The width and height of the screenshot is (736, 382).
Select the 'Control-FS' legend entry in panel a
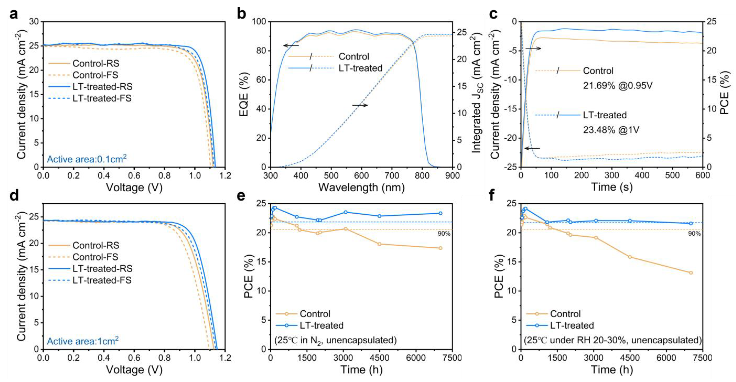(x=95, y=75)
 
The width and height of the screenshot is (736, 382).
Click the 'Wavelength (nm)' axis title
(x=361, y=188)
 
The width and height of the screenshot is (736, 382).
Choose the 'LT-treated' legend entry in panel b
(x=360, y=68)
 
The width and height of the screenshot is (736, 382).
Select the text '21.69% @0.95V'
(x=618, y=85)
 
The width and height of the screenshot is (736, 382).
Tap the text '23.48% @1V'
(x=611, y=130)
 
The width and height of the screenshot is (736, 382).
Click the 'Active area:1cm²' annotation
(x=83, y=341)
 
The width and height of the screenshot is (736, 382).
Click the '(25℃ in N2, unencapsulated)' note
(x=336, y=340)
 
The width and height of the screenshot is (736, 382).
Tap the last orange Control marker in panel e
(x=440, y=248)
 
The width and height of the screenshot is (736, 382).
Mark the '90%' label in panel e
(x=444, y=234)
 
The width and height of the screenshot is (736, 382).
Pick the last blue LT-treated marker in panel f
(x=691, y=223)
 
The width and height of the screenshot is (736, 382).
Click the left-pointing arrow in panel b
(x=291, y=45)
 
